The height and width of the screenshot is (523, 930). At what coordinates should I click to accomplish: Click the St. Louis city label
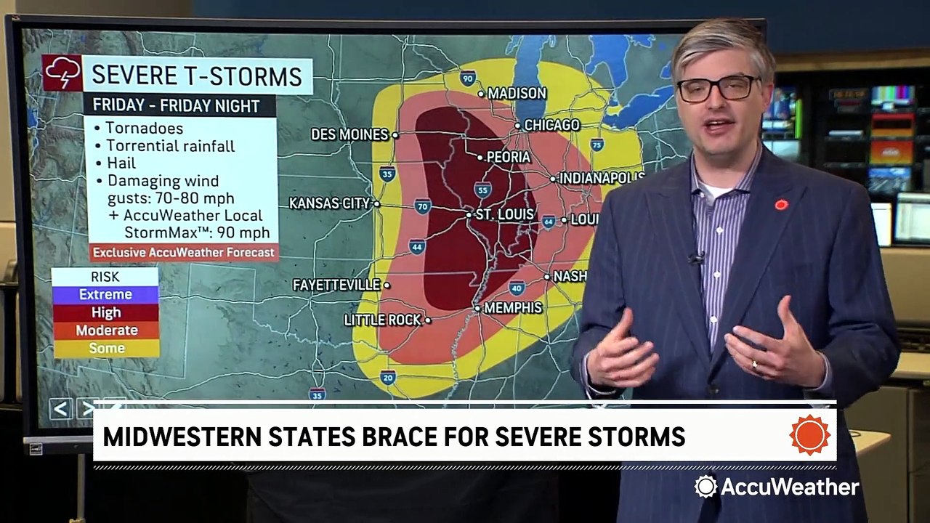click(x=504, y=215)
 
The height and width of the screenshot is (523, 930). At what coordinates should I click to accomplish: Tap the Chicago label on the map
click(x=551, y=125)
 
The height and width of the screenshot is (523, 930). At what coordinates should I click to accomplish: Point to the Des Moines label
click(x=349, y=134)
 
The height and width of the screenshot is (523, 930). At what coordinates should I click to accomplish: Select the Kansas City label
click(x=330, y=203)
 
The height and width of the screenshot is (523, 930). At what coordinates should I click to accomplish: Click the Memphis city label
click(x=513, y=308)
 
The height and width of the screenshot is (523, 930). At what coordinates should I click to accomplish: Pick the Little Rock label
click(x=382, y=320)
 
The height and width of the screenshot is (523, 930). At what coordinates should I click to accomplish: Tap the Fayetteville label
click(x=336, y=285)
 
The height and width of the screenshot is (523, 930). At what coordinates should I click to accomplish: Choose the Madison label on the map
click(x=517, y=93)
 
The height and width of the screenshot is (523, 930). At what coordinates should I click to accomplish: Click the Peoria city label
click(x=509, y=157)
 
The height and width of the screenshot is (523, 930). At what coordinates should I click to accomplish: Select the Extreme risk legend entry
click(x=106, y=294)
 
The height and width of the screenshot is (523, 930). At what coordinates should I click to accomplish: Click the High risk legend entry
click(x=106, y=312)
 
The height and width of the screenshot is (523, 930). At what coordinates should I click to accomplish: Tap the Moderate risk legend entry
click(x=106, y=331)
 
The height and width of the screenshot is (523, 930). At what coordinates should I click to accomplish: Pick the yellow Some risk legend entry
click(x=106, y=349)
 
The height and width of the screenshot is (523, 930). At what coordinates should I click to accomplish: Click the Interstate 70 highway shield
click(x=423, y=206)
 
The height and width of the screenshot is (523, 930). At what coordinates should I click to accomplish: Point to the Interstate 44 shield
click(x=416, y=247)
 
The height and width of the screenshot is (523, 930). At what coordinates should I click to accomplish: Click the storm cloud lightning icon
click(x=62, y=73)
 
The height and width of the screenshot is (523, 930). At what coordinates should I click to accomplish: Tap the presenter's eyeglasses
click(x=718, y=88)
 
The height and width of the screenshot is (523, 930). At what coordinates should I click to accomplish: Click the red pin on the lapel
click(x=781, y=205)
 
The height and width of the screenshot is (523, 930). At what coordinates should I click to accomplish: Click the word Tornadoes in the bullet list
click(x=144, y=129)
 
